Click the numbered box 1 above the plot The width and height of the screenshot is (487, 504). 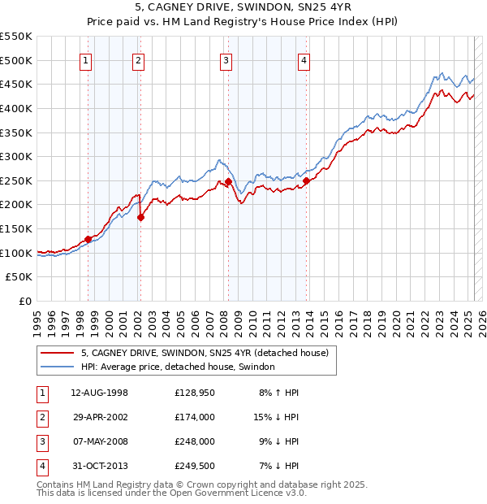tap(86, 60)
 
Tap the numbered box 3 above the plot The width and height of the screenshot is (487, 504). tap(226, 60)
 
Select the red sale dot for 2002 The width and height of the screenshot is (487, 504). tap(140, 217)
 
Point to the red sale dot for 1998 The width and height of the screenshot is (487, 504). tap(88, 239)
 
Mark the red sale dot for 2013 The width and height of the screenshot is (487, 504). tap(306, 181)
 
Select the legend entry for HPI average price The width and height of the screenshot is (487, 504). tap(178, 367)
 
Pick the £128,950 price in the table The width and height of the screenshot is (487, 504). tap(194, 393)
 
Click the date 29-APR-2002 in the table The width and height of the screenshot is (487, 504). tap(100, 417)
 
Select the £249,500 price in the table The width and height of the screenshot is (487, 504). tap(194, 466)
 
